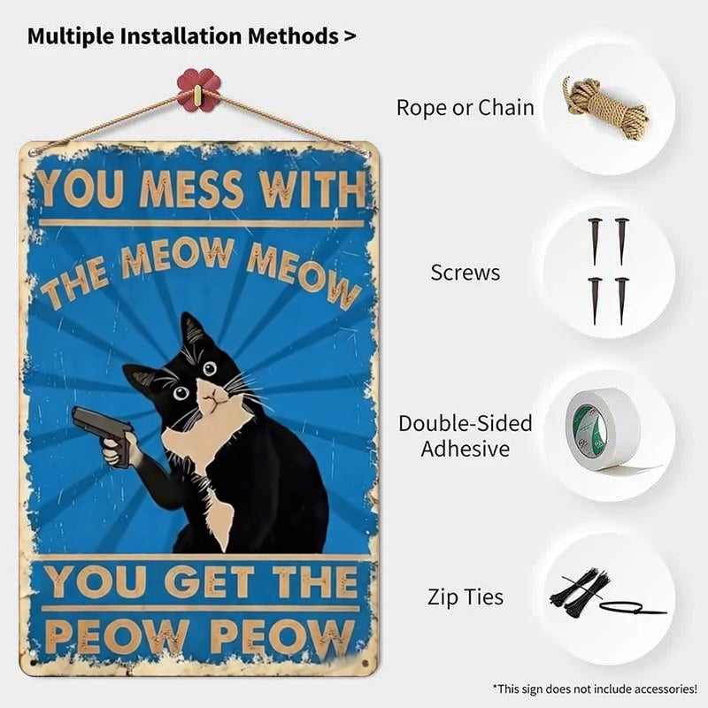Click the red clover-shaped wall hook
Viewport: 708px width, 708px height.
198,89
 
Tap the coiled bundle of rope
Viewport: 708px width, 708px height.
605,108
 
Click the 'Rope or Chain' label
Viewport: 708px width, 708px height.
466,107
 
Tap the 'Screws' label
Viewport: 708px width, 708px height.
466,273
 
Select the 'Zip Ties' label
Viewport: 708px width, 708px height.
466,596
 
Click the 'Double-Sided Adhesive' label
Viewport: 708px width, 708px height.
466,435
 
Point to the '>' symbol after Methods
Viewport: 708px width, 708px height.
350,36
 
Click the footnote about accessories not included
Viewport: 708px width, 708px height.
595,689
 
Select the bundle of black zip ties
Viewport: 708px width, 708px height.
580,590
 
